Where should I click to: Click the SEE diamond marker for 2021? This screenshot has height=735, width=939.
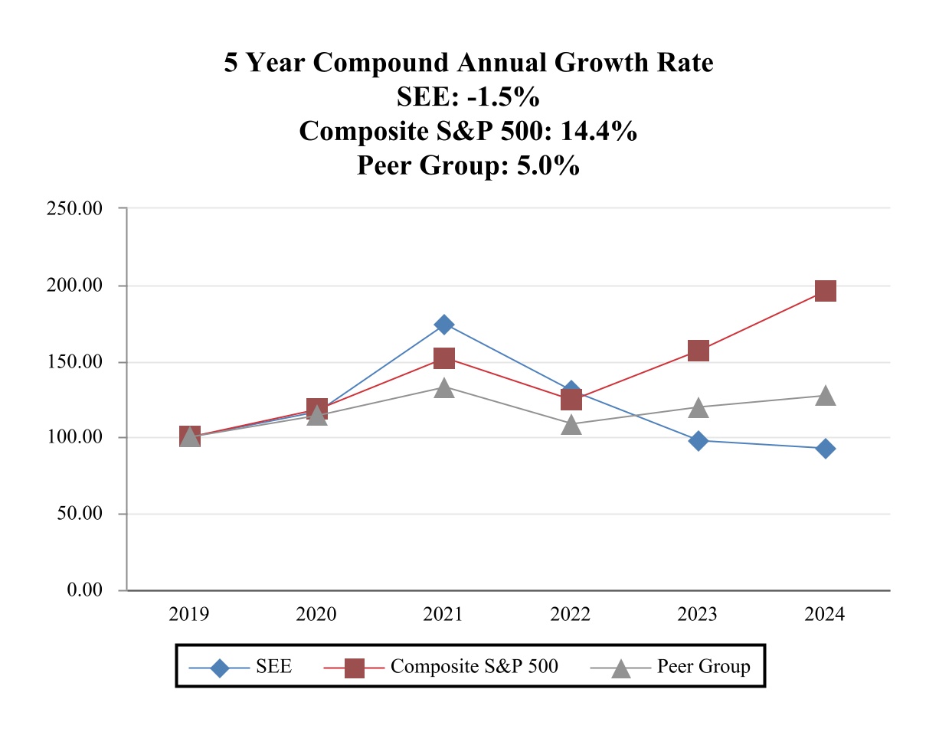444,325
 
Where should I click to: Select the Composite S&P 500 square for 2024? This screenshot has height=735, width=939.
825,291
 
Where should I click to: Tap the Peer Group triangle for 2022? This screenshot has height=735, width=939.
571,425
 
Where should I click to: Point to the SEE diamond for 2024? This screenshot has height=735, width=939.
825,449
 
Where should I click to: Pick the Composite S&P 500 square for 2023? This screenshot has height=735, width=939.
698,351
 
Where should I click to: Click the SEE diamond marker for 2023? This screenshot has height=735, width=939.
698,440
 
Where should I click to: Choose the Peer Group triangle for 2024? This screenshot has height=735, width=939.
825,396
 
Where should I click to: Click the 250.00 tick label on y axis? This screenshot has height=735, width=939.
75,208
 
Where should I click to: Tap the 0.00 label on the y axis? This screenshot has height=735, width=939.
83,590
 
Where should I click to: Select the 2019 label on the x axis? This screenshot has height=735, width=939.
189,615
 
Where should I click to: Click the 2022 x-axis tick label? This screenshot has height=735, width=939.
571,615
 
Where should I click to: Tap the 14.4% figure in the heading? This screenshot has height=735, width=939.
598,132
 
